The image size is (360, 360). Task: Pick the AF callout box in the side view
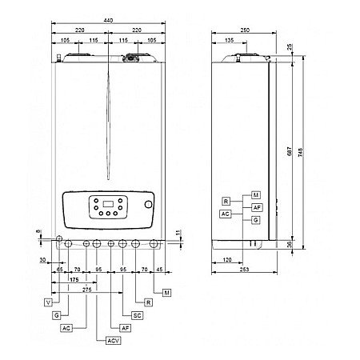coord(256,206)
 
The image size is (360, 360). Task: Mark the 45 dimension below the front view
coord(161,270)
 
